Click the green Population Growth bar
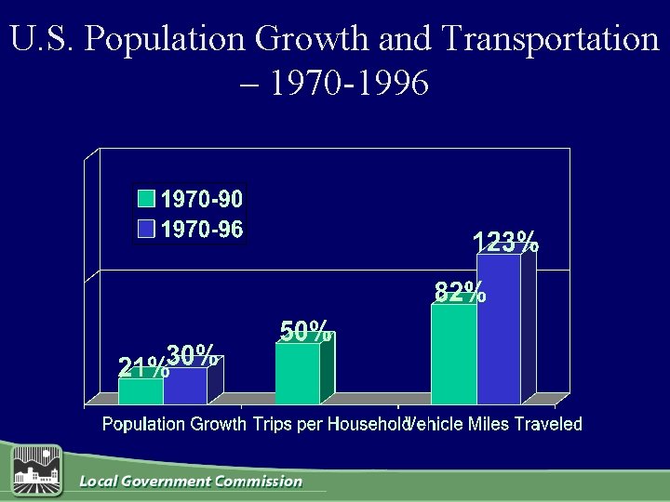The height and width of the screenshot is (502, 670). click(x=141, y=391)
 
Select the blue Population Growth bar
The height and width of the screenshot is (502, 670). click(x=185, y=386)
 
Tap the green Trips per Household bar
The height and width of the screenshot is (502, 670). click(x=298, y=374)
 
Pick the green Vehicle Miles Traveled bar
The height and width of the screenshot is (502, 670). click(x=454, y=354)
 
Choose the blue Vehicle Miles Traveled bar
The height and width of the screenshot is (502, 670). click(x=499, y=330)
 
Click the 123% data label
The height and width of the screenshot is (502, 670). click(x=505, y=243)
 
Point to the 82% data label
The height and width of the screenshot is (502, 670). click(x=460, y=292)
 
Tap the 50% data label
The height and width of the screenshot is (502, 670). click(x=306, y=331)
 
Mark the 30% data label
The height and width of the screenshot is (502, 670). click(x=194, y=354)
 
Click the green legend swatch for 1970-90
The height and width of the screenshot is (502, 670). click(x=146, y=198)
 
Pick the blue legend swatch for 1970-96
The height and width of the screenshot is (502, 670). click(x=146, y=229)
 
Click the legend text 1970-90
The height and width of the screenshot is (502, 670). click(x=203, y=198)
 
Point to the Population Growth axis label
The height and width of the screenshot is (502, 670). click(x=168, y=425)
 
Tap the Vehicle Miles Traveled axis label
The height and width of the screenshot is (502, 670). click(x=495, y=425)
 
